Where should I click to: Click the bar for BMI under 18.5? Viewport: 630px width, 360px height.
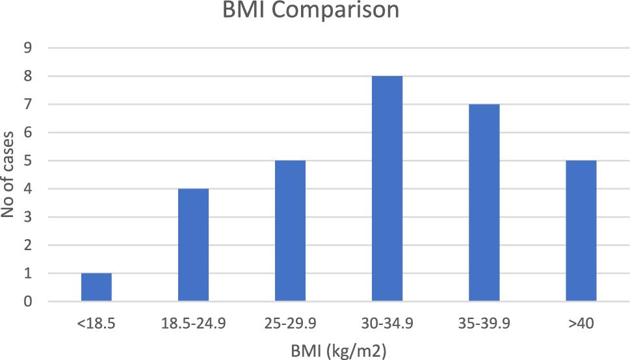96,287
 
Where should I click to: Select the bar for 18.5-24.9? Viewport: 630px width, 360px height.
193,245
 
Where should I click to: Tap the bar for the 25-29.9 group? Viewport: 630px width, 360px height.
290,231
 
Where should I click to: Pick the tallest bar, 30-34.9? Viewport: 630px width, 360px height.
387,188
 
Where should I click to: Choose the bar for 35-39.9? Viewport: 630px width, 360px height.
484,203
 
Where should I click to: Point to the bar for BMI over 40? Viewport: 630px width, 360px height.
581,231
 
